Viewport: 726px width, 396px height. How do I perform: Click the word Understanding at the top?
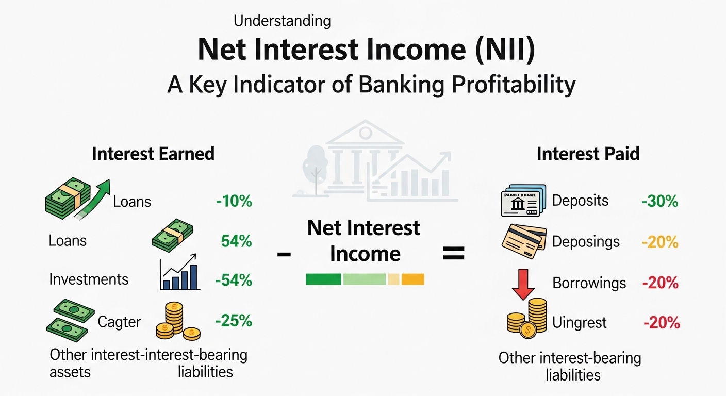282,21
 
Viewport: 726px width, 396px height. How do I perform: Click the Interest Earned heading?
153,154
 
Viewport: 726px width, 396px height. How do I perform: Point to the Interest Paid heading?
588,154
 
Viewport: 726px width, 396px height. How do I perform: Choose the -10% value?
234,201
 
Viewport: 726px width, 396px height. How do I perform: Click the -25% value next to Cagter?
234,321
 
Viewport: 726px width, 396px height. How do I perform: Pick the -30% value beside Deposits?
659,201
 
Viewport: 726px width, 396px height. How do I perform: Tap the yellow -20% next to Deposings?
659,242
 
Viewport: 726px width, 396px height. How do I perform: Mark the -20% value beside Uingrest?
662,323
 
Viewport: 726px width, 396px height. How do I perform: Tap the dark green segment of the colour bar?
323,279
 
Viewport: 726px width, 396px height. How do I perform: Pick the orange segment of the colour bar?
412,279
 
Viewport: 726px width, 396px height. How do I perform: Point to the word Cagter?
119,322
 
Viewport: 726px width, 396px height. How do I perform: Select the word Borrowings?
589,283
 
